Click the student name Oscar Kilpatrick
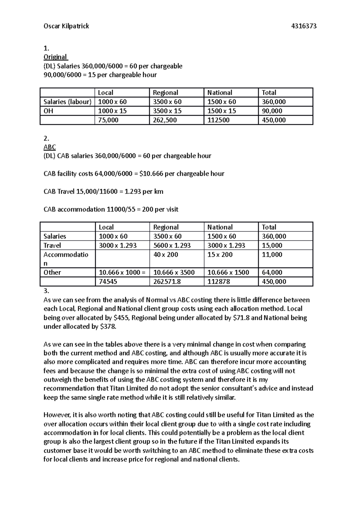coord(66,26)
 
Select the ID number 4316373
coord(304,26)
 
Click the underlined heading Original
coord(55,57)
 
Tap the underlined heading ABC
coord(49,147)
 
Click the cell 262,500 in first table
coord(165,120)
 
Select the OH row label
coord(48,111)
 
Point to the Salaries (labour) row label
coord(67,102)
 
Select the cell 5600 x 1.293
coord(172,246)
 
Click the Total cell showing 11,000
coord(272,255)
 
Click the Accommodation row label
coord(66,258)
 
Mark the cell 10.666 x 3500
coord(174,272)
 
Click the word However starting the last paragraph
coord(58,415)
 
